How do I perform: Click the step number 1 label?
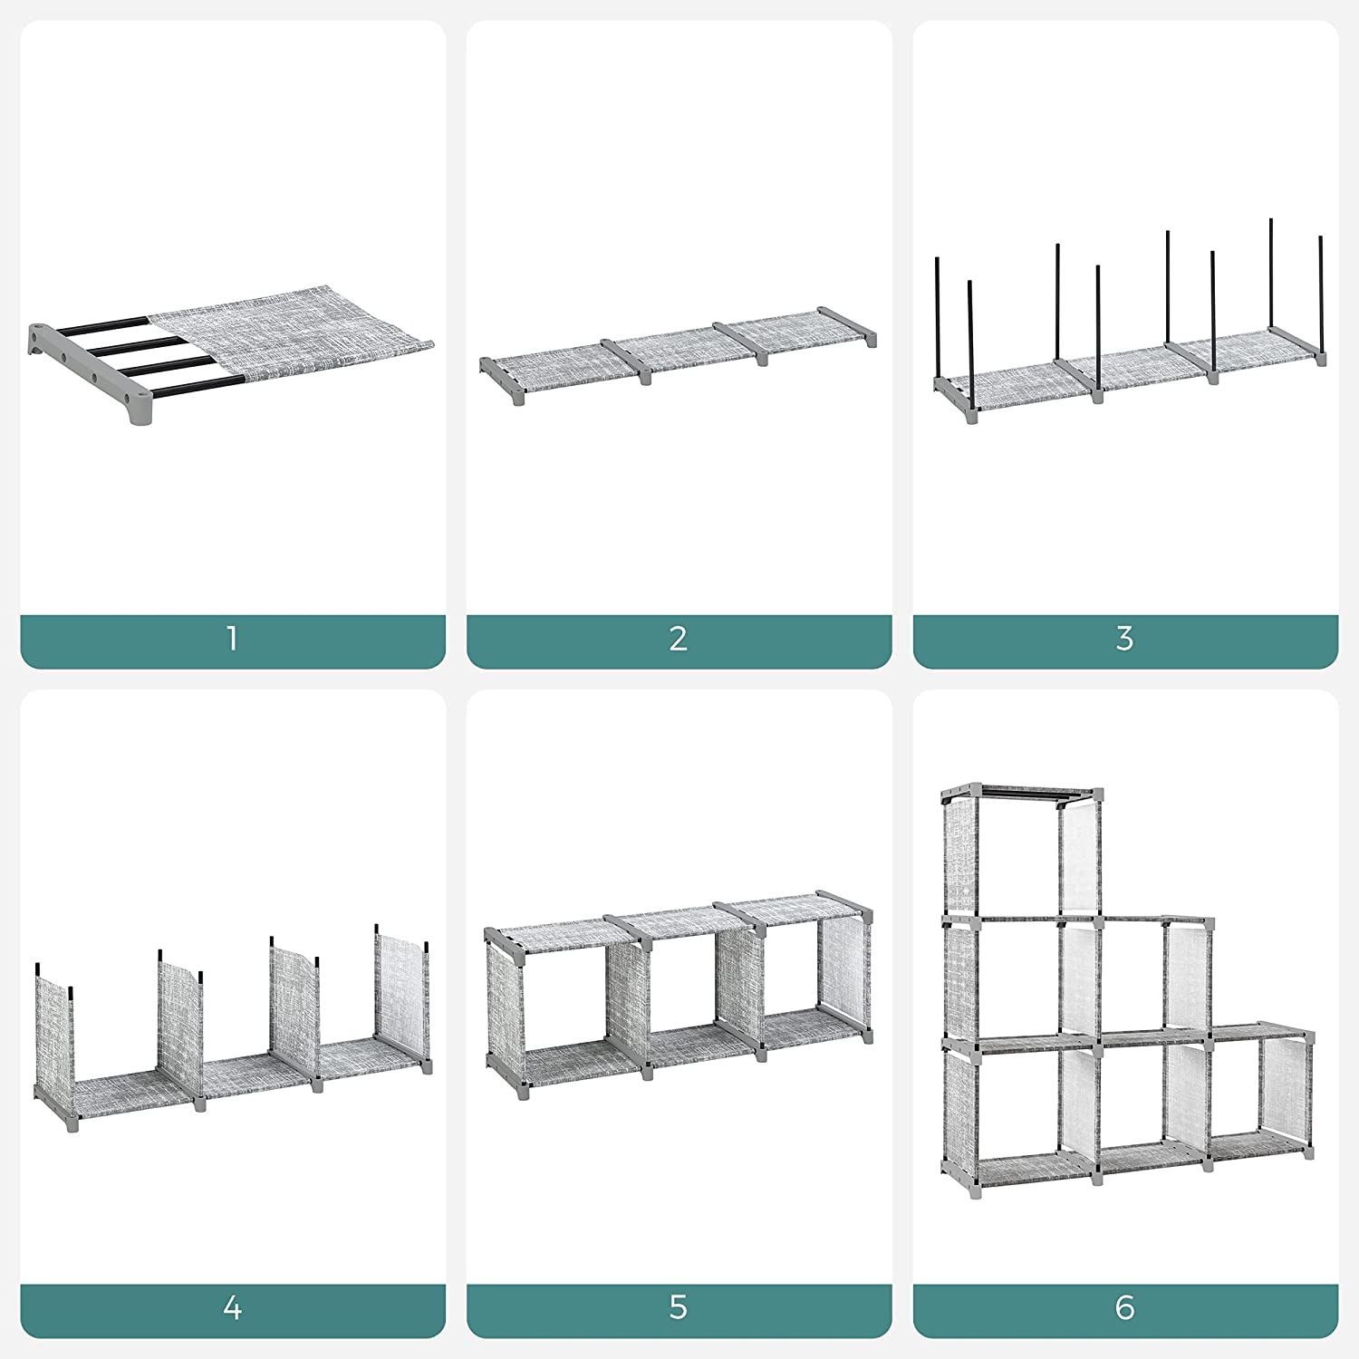pyautogui.click(x=232, y=639)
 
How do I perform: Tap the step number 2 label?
pyautogui.click(x=679, y=639)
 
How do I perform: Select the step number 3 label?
pyautogui.click(x=1124, y=639)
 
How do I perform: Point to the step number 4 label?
pyautogui.click(x=232, y=1307)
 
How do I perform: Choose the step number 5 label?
pyautogui.click(x=679, y=1307)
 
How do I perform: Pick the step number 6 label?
pyautogui.click(x=1124, y=1307)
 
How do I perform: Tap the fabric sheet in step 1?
pyautogui.click(x=299, y=335)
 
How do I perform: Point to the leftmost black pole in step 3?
pyautogui.click(x=939, y=317)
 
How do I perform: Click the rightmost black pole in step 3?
pyautogui.click(x=1321, y=290)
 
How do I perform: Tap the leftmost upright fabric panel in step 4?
pyautogui.click(x=54, y=1033)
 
